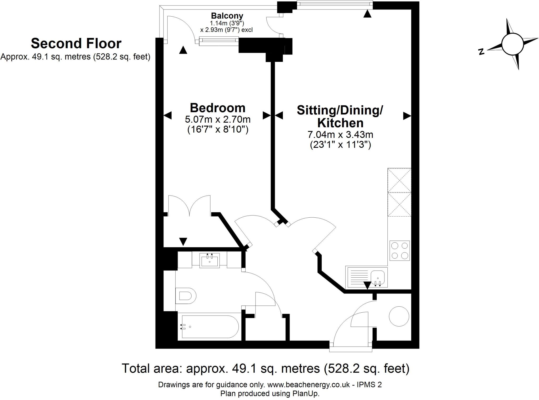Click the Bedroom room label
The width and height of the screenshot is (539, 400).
[217, 108]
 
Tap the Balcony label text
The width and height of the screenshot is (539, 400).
[227, 16]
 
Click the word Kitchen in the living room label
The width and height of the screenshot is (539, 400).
[340, 123]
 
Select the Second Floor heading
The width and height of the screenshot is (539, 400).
[76, 43]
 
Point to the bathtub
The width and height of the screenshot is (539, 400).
[210, 327]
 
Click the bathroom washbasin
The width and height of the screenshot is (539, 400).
[209, 260]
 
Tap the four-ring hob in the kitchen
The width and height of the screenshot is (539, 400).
[399, 251]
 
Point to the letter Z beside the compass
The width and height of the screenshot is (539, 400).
[481, 52]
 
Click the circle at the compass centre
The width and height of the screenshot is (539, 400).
[512, 44]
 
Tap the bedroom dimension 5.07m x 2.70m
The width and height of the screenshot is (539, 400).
[217, 119]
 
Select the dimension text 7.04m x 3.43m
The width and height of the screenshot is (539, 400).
[340, 135]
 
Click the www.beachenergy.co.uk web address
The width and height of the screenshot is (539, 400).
[308, 385]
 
